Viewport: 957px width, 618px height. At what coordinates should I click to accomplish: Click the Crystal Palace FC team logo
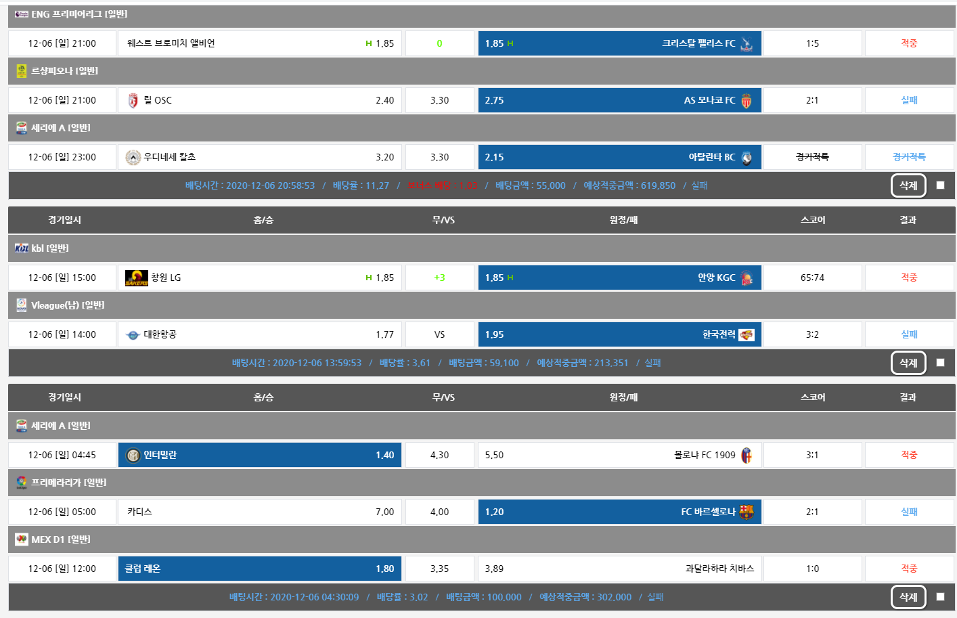pos(747,44)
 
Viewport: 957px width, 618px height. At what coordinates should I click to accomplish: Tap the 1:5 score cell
pos(812,43)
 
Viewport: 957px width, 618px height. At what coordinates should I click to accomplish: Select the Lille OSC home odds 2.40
pos(384,100)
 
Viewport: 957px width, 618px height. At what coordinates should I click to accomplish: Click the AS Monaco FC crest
pos(747,101)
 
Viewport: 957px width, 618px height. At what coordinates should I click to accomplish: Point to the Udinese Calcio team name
pos(169,157)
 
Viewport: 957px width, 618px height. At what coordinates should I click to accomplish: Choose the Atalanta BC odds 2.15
pos(495,157)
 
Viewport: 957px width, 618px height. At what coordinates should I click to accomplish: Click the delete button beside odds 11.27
pos(908,185)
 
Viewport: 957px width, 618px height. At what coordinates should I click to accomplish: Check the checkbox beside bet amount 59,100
pos(940,363)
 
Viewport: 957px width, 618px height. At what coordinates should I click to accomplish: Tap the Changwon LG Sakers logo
pos(136,278)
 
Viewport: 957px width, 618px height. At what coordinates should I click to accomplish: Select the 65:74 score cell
pos(812,278)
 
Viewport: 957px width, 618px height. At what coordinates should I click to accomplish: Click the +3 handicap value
pos(439,278)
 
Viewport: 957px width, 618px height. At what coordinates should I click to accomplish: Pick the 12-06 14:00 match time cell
pos(62,334)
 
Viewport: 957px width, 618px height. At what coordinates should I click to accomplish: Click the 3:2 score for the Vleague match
pos(812,334)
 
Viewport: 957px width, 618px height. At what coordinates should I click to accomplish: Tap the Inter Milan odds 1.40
pos(384,455)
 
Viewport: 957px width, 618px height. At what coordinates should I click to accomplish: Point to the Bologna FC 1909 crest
pos(747,455)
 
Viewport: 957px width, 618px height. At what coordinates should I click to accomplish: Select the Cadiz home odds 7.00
pos(384,512)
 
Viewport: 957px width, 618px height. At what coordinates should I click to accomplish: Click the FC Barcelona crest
pos(747,512)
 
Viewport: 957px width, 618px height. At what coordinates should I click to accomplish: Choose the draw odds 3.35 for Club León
pos(439,569)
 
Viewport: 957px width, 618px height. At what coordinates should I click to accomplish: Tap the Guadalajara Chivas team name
pos(719,569)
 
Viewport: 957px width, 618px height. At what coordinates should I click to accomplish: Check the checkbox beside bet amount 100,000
pos(940,597)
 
